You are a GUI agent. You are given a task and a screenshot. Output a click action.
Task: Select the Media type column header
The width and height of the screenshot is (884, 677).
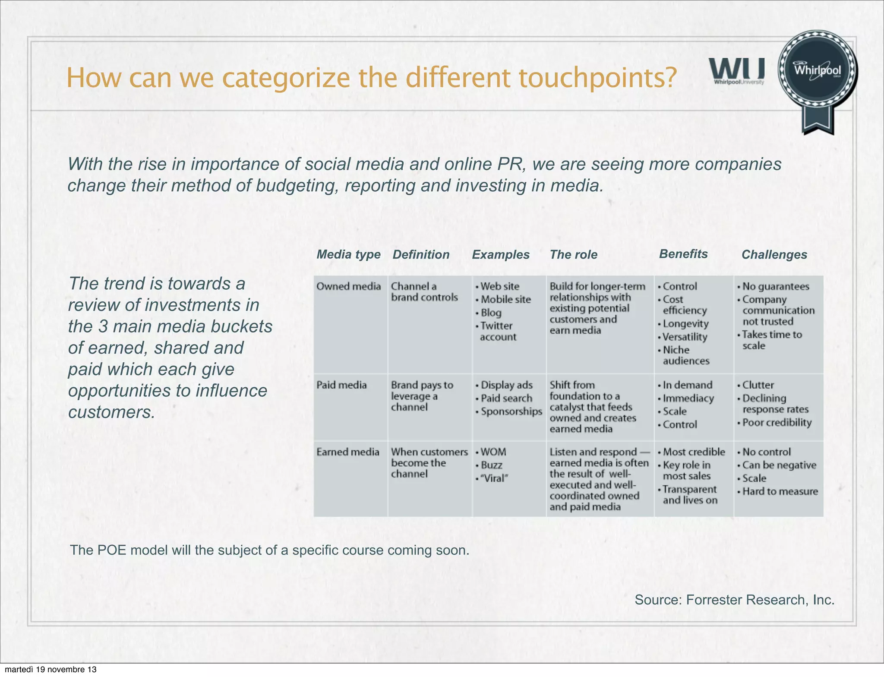click(x=348, y=254)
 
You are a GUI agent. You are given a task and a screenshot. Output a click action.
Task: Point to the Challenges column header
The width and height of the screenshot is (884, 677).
click(x=774, y=255)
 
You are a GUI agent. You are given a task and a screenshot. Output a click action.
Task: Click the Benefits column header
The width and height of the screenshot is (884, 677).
click(x=683, y=254)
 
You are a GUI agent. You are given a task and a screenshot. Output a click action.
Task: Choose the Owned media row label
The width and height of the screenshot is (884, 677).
click(x=348, y=286)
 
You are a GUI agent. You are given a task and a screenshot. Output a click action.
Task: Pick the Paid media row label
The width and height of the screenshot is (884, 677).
click(x=341, y=385)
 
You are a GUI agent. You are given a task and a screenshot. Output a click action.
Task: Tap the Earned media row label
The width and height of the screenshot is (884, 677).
click(x=347, y=452)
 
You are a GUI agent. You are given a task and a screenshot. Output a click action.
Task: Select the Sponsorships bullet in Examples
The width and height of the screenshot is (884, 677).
click(x=511, y=411)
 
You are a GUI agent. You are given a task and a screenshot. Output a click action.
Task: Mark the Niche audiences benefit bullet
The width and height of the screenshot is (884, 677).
click(x=685, y=355)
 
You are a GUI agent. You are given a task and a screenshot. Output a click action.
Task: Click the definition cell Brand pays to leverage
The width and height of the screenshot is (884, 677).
click(x=422, y=396)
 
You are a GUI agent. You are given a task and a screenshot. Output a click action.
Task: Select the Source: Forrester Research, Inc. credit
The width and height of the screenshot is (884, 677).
click(x=734, y=600)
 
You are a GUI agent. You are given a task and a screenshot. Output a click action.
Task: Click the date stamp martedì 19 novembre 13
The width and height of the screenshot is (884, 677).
click(x=51, y=670)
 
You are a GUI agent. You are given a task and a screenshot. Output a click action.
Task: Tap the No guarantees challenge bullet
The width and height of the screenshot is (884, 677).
click(x=775, y=286)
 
